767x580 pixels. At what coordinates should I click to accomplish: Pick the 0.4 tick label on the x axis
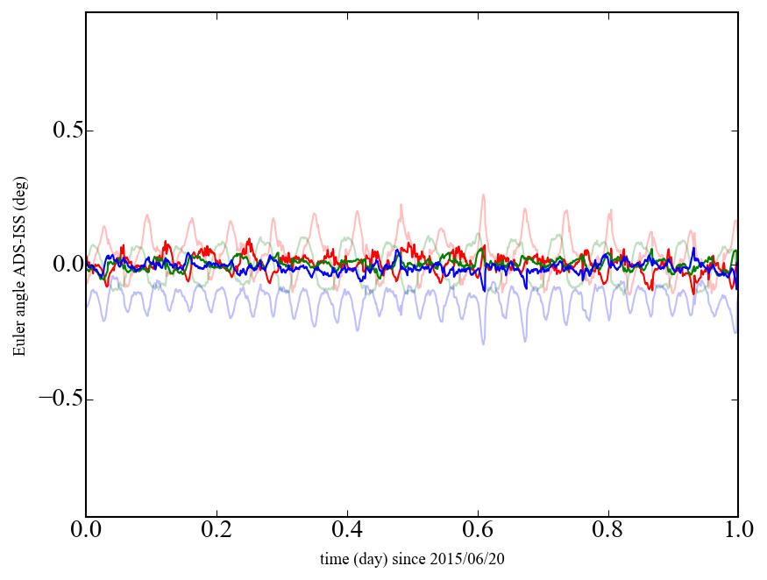coord(347,530)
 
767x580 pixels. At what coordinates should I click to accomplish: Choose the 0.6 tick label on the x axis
coord(478,530)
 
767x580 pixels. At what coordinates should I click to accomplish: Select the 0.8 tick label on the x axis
coord(607,530)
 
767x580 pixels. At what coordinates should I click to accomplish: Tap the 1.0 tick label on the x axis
coord(737,530)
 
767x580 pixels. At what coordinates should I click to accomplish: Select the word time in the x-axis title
coord(334,558)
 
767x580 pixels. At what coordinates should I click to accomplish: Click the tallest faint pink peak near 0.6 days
coord(483,195)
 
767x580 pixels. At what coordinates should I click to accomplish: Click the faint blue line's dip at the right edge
coord(735,332)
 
